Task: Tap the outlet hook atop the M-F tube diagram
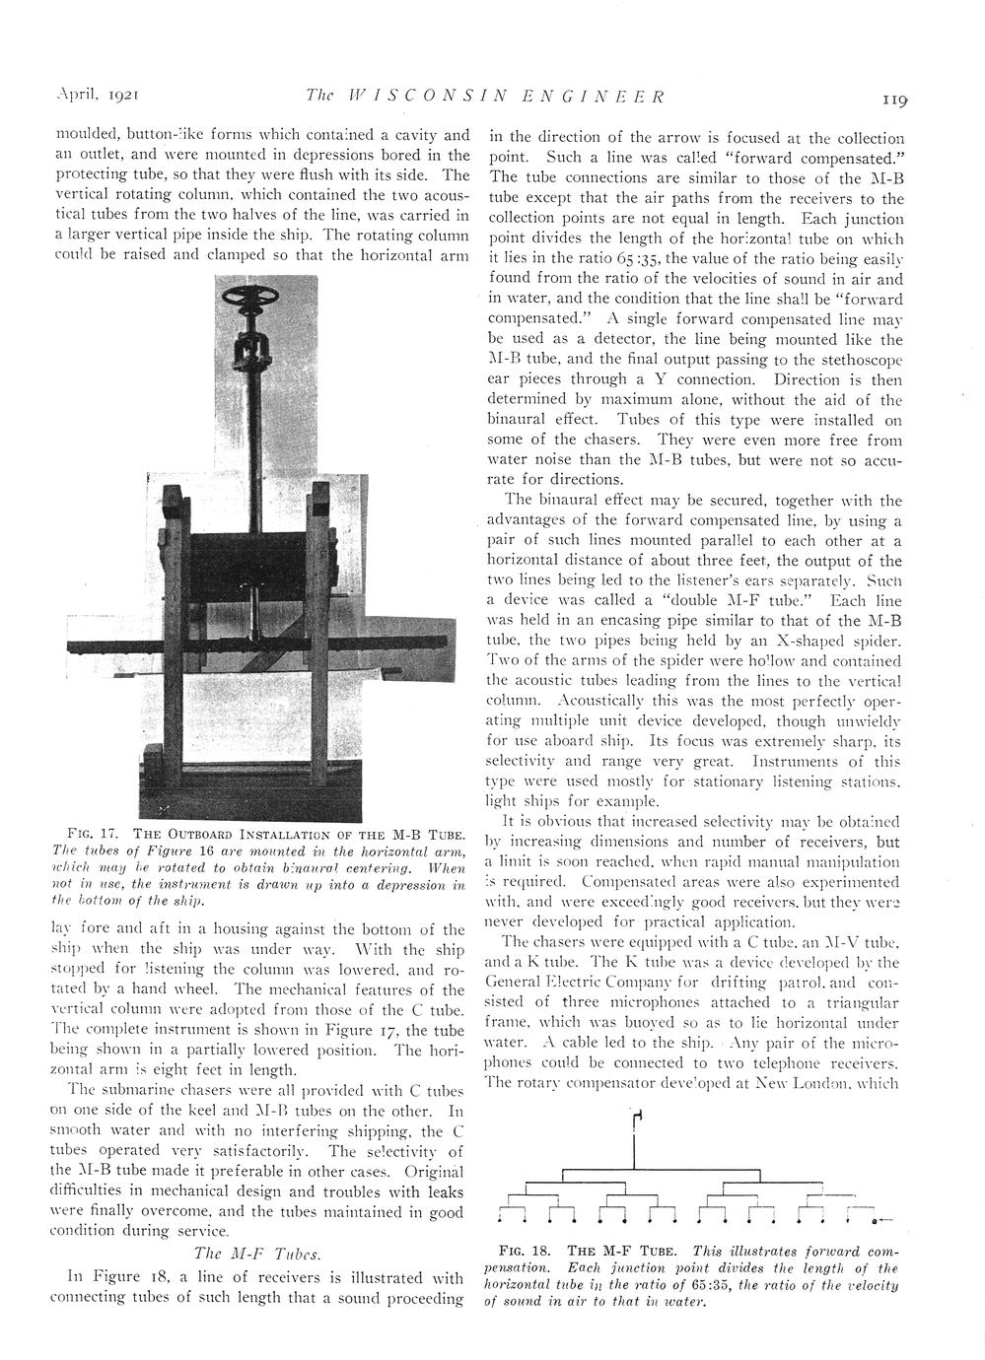(640, 1116)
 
